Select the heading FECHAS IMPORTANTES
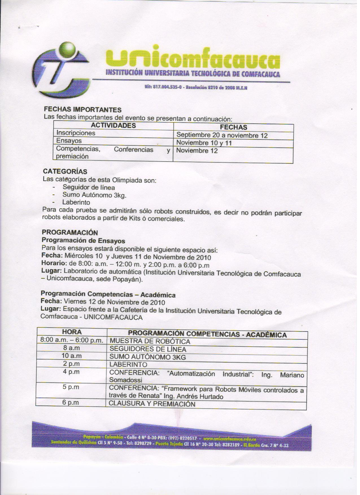[83, 110]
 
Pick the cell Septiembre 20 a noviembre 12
[222, 136]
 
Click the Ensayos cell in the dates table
[69, 141]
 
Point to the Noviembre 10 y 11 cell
[204, 143]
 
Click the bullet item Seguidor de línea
[89, 187]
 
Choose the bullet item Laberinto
[76, 202]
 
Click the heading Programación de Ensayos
[83, 241]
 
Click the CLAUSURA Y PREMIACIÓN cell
[152, 404]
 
